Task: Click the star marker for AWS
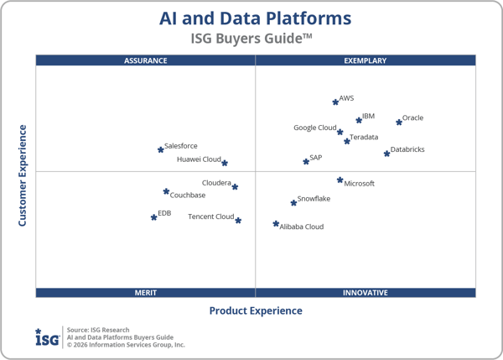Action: [335, 102]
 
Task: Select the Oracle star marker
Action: [399, 122]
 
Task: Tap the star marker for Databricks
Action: [386, 153]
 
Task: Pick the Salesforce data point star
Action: [160, 149]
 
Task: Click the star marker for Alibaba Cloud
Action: [276, 224]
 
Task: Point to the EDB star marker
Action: [153, 217]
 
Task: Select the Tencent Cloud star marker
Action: [238, 221]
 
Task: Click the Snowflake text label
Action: [314, 199]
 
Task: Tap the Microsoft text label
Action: [359, 183]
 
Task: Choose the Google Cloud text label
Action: [314, 128]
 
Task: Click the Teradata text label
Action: [364, 137]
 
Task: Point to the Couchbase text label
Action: [188, 196]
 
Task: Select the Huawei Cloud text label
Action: [199, 159]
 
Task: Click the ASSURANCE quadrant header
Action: [146, 60]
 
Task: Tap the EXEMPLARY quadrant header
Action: [366, 60]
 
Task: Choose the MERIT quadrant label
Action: [146, 293]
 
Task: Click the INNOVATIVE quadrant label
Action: [366, 293]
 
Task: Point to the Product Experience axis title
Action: [256, 311]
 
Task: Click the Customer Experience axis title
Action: [23, 175]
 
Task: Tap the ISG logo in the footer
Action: [47, 337]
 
